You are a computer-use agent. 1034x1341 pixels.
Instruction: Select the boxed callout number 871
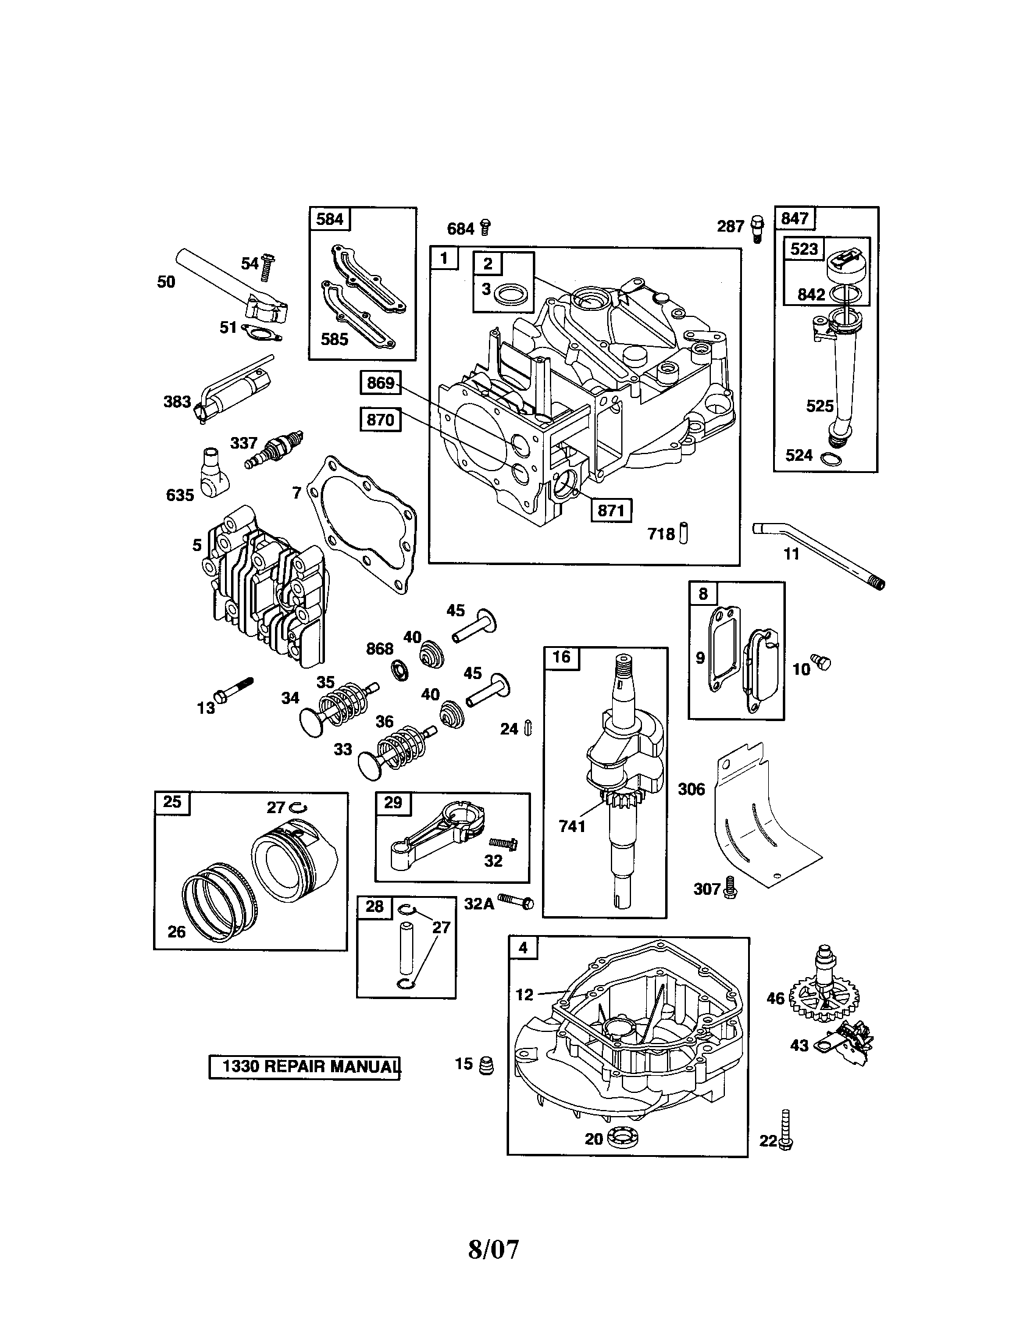coord(611,510)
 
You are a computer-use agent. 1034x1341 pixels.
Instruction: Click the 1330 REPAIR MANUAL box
coord(305,1066)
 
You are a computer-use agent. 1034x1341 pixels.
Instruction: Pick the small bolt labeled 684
coord(485,227)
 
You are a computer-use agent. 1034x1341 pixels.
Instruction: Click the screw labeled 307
coord(729,887)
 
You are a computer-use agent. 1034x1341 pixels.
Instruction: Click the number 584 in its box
coord(330,219)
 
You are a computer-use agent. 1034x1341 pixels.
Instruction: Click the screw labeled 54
coord(267,267)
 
